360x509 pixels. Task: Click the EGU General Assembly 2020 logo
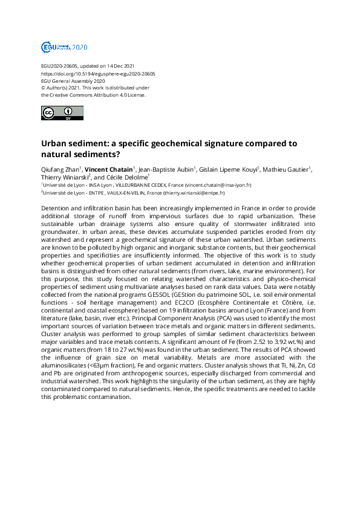64,47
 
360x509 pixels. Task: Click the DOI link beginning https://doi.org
98,73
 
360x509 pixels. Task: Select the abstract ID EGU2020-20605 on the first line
59,65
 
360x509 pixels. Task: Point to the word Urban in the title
54,144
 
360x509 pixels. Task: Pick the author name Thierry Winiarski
64,177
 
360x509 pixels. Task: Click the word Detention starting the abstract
55,207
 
